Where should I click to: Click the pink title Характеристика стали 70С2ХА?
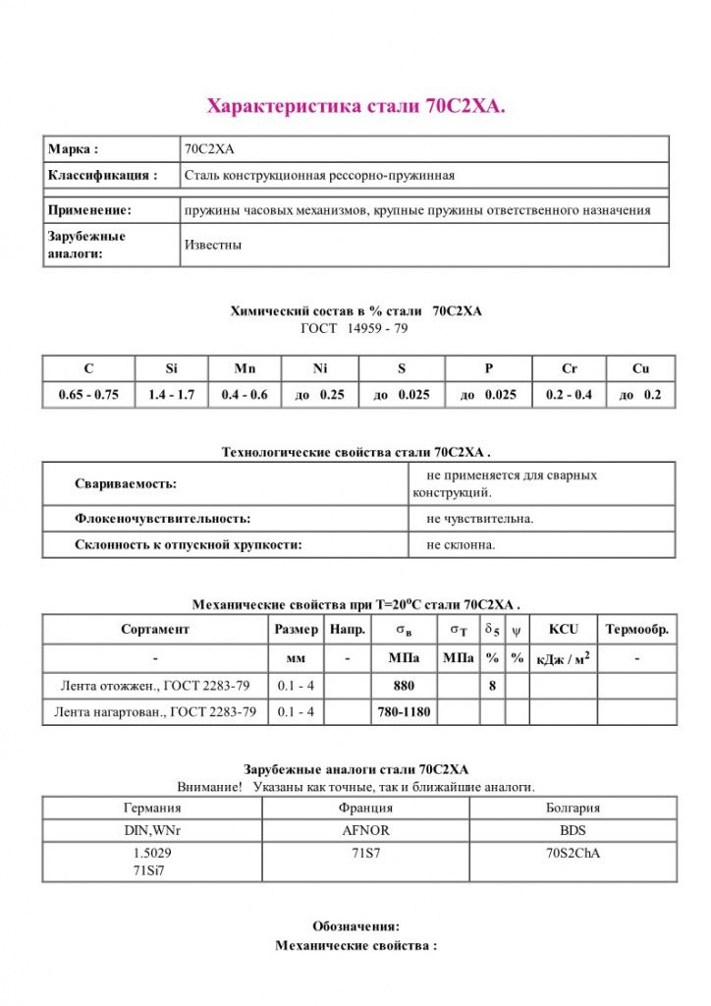coord(355,106)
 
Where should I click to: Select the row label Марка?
coord(73,149)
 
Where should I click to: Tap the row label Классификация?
coord(102,176)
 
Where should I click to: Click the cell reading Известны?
coord(213,245)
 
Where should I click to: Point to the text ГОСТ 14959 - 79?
coord(354,328)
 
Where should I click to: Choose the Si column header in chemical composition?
coord(171,369)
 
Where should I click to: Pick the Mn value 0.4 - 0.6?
coord(245,395)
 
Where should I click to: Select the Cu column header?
coord(641,369)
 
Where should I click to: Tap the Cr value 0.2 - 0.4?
coord(570,395)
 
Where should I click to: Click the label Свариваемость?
coord(126,484)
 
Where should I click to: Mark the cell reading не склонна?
coord(462,544)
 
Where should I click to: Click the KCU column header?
coord(564,629)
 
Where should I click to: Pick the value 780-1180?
coord(405,711)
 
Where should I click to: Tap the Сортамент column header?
coord(155,629)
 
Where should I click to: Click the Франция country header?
coord(365,808)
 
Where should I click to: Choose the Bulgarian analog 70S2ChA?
coord(573,853)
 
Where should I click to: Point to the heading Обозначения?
coord(355,925)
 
